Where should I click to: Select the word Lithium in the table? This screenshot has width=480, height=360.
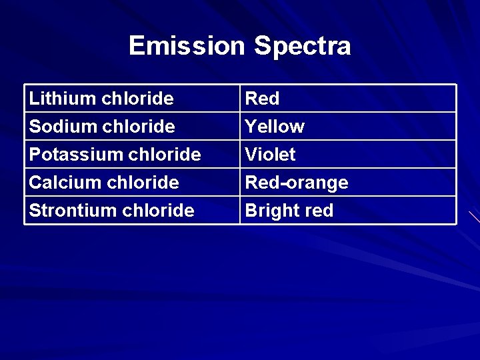(63, 99)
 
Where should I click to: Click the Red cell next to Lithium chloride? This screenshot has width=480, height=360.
(263, 99)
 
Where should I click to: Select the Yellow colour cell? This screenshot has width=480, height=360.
(275, 127)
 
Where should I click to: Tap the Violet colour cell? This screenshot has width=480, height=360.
(271, 155)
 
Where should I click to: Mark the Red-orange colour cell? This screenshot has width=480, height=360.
(297, 183)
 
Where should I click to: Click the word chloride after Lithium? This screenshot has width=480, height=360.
(138, 99)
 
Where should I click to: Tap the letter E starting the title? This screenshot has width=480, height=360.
(136, 46)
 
